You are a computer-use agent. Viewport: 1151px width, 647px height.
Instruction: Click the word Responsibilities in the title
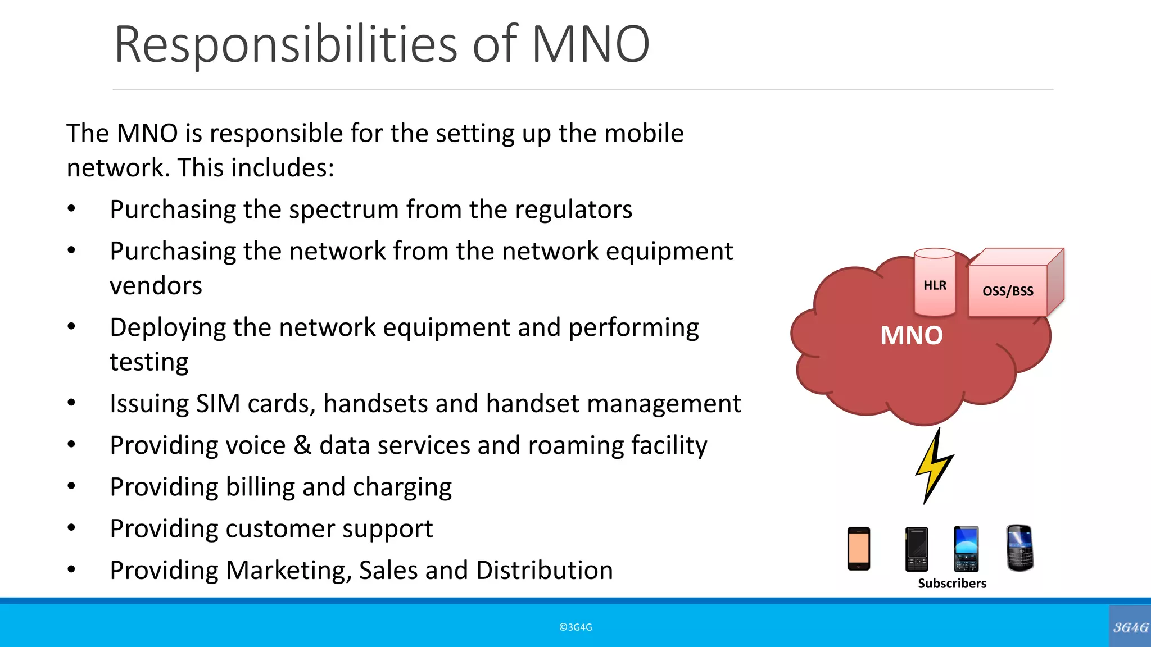pyautogui.click(x=286, y=45)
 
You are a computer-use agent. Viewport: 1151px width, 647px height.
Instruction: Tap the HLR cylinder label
pyautogui.click(x=935, y=285)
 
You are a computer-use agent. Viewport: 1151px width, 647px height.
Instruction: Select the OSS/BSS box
pyautogui.click(x=1008, y=290)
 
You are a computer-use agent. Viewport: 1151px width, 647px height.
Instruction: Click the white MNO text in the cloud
pyautogui.click(x=911, y=336)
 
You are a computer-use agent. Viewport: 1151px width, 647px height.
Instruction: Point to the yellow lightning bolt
pyautogui.click(x=934, y=466)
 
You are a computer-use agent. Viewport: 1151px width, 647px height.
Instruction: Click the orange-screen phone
pyautogui.click(x=858, y=549)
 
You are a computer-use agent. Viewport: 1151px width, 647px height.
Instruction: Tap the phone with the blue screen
pyautogui.click(x=966, y=549)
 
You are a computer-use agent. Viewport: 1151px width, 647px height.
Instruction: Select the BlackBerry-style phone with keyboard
pyautogui.click(x=1019, y=548)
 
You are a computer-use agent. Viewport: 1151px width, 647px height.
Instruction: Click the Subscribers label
pyautogui.click(x=951, y=584)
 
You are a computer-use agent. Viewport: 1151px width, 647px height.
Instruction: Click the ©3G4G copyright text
pyautogui.click(x=575, y=627)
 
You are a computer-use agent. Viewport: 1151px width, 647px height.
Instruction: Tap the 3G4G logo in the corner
pyautogui.click(x=1130, y=627)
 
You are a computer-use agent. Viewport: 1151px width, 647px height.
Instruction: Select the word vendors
pyautogui.click(x=156, y=286)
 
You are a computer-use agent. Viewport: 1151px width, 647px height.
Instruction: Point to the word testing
pyautogui.click(x=149, y=362)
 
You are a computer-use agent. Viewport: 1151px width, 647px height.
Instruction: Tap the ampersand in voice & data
pyautogui.click(x=302, y=445)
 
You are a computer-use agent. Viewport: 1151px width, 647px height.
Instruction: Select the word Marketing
pyautogui.click(x=289, y=571)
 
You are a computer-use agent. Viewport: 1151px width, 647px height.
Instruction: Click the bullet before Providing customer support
pyautogui.click(x=71, y=528)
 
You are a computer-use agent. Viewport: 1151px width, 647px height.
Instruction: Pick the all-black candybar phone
pyautogui.click(x=916, y=549)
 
